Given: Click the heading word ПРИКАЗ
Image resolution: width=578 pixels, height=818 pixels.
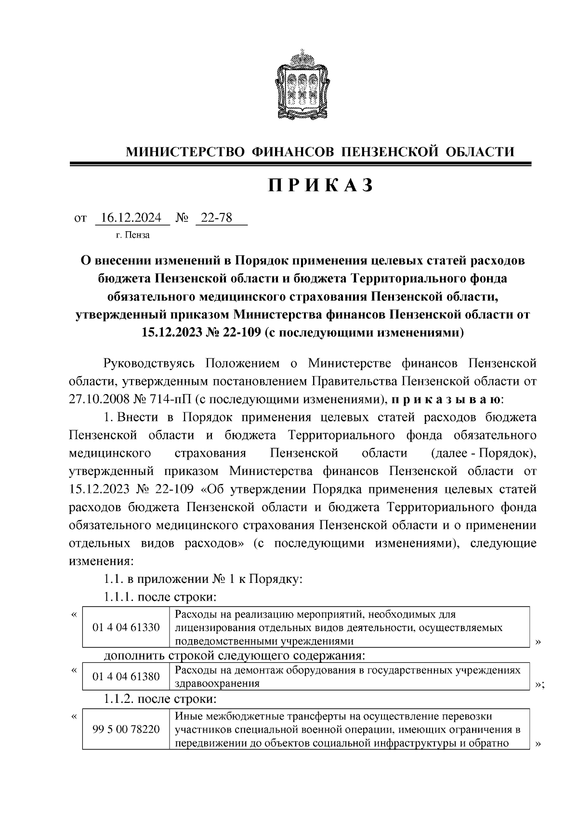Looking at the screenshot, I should pos(321,185).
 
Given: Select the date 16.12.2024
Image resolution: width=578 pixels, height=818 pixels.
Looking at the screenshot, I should pos(132,218).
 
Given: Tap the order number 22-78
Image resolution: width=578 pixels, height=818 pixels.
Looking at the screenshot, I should pos(217,218).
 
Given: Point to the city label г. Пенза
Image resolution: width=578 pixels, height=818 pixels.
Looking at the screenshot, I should pos(132,236).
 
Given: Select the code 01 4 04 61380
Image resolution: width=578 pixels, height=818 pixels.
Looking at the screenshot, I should pos(126,676).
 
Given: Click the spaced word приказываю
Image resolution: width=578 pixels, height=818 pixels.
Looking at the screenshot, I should pos(447,399).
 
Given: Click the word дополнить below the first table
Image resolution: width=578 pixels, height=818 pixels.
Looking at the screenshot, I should pos(135,656).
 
